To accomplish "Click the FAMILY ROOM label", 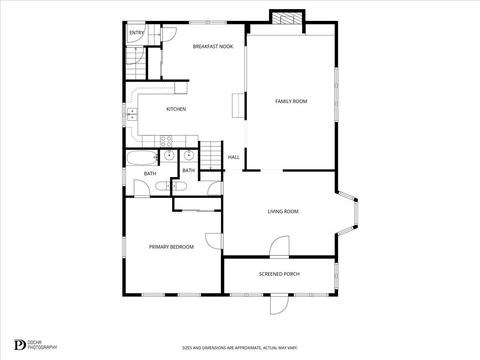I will pos(291,101).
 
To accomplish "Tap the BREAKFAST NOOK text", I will pos(213,46).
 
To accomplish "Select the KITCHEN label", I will pos(176,109).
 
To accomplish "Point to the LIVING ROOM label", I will pos(283,211).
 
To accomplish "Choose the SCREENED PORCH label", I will pos(279,274).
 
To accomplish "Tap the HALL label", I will pos(234,157).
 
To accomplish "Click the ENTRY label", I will pos(136,33).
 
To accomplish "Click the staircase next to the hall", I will pos(212,155).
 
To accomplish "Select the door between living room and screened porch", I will pos(279,248).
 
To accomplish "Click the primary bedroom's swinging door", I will pos(214,241).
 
